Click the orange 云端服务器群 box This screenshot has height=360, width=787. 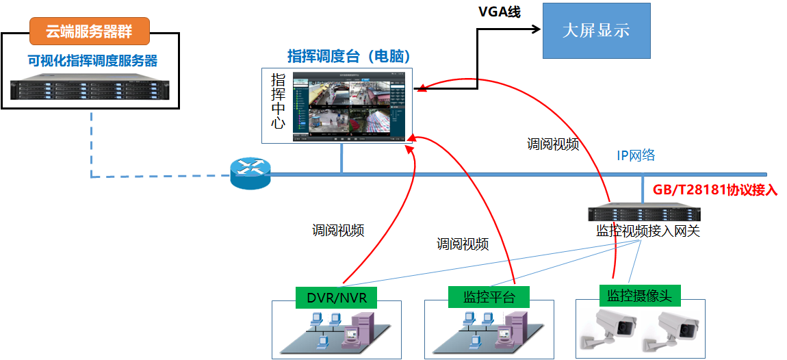(x=89, y=30)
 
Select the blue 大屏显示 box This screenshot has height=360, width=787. (x=595, y=31)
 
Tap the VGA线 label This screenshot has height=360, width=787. (x=499, y=12)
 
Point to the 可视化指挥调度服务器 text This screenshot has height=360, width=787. (x=92, y=60)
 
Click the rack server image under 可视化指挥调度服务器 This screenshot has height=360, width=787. (x=90, y=87)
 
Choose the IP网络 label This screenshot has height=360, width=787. (x=636, y=155)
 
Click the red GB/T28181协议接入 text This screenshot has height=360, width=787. (x=716, y=190)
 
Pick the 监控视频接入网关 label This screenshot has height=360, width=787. (x=647, y=231)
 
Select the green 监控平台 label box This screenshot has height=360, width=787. (x=489, y=296)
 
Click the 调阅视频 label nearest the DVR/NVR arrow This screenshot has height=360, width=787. (x=338, y=230)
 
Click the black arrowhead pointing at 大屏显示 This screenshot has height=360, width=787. (x=536, y=29)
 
